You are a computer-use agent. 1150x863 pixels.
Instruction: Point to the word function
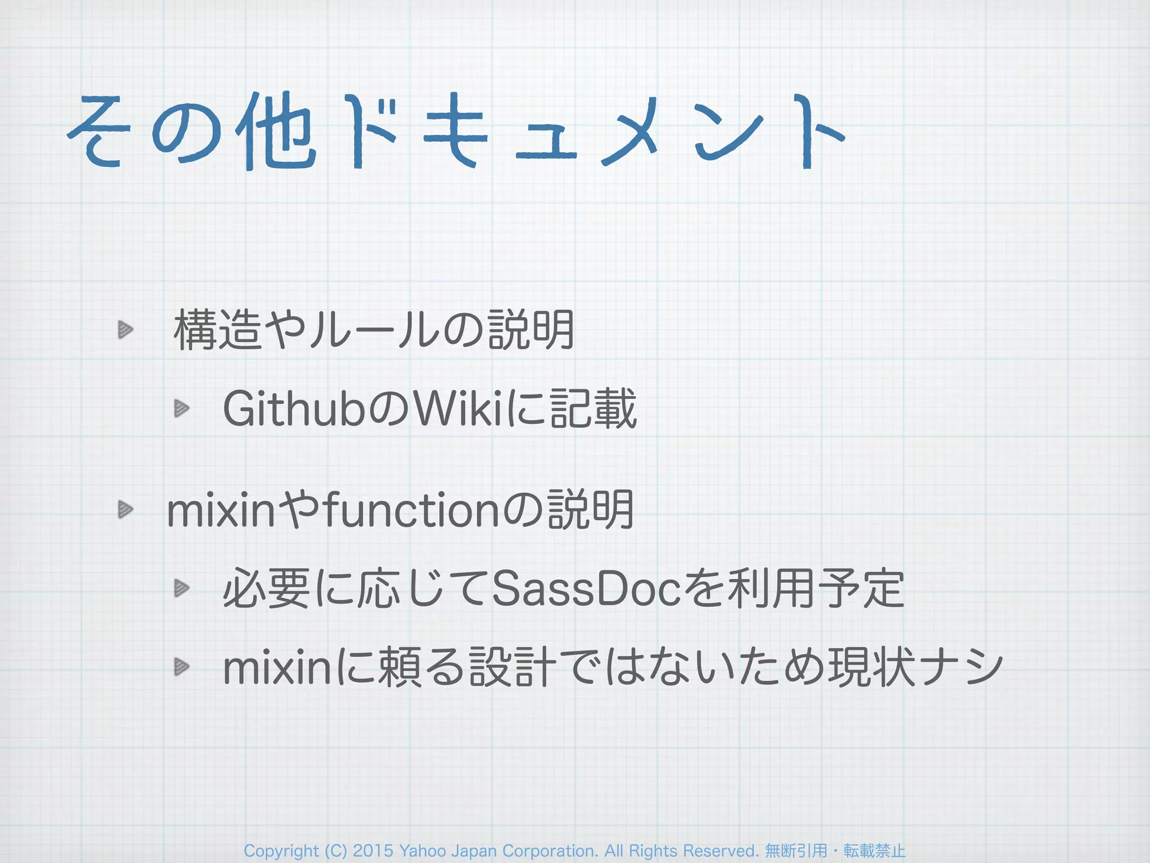[412, 511]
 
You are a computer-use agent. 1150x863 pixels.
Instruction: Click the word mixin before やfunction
[222, 511]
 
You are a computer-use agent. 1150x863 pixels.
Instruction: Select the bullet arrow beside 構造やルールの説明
[125, 330]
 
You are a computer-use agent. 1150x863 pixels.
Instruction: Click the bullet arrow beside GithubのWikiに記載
[181, 408]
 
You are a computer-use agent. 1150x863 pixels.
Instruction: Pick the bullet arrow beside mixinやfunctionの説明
[125, 510]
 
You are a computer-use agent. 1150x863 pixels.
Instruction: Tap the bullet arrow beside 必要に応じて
[181, 588]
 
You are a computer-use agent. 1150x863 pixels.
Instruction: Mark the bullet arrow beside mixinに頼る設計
[181, 667]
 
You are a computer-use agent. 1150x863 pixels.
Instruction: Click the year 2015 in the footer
[373, 851]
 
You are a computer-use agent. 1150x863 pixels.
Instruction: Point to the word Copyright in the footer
[281, 851]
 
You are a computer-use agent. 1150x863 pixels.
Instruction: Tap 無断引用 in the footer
[796, 851]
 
